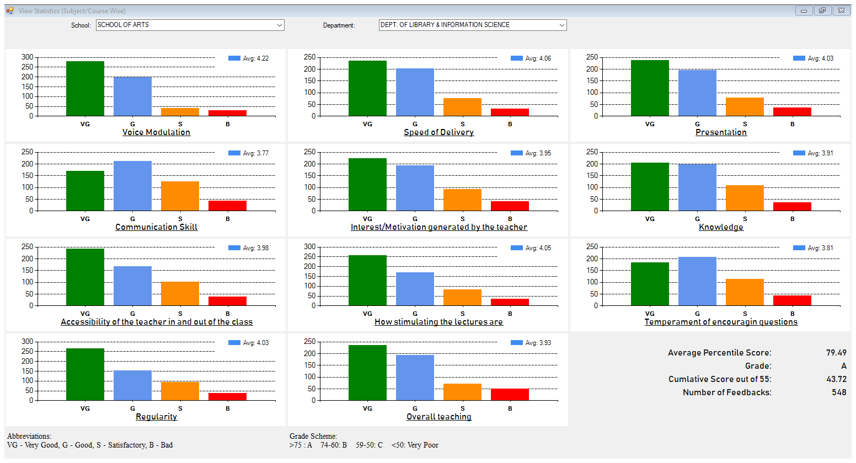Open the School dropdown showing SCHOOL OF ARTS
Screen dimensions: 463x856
pyautogui.click(x=190, y=25)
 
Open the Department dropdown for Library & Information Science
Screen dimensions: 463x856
pyautogui.click(x=472, y=25)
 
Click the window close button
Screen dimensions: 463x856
pyautogui.click(x=841, y=10)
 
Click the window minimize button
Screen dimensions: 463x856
pyautogui.click(x=804, y=10)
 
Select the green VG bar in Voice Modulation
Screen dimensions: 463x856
pyautogui.click(x=85, y=88)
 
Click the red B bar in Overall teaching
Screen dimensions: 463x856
pyautogui.click(x=510, y=395)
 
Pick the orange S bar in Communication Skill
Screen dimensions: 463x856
pyautogui.click(x=180, y=196)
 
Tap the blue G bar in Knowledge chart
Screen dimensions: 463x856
pyautogui.click(x=697, y=187)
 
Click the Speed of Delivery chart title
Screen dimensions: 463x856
pyautogui.click(x=438, y=132)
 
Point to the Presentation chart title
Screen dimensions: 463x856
pyautogui.click(x=721, y=132)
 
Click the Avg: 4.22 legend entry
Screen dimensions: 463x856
pyautogui.click(x=249, y=58)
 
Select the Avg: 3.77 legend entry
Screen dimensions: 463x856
pyautogui.click(x=249, y=153)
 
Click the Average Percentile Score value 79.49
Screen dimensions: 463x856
pyautogui.click(x=836, y=353)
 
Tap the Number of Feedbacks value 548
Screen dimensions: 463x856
pyautogui.click(x=839, y=392)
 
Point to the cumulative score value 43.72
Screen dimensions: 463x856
pyautogui.click(x=836, y=379)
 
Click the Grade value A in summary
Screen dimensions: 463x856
pyautogui.click(x=843, y=366)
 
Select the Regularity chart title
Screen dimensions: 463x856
pyautogui.click(x=156, y=417)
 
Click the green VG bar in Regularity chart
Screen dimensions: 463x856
pyautogui.click(x=85, y=374)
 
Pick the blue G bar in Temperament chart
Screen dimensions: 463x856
pyautogui.click(x=697, y=281)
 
